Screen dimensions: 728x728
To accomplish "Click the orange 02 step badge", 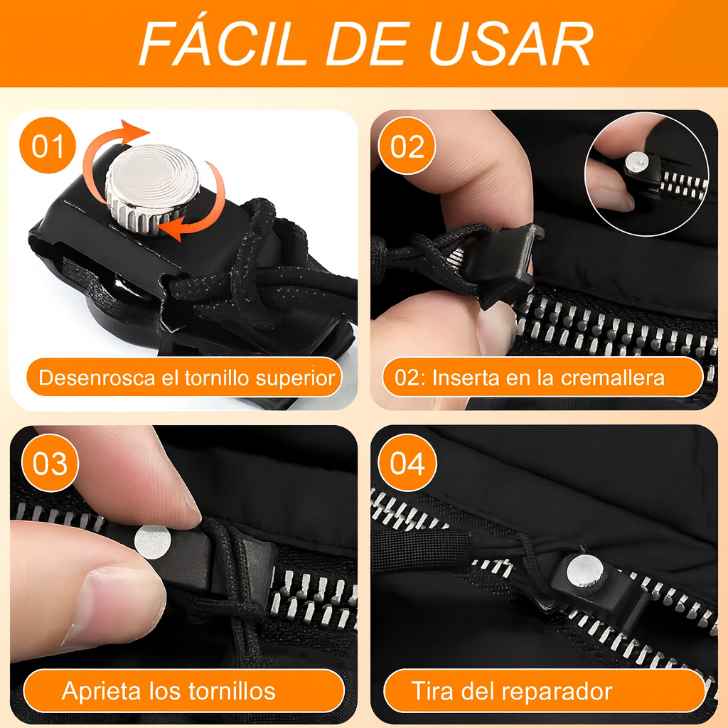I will point(407,147).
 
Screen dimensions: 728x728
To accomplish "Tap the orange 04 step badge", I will point(407,464).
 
